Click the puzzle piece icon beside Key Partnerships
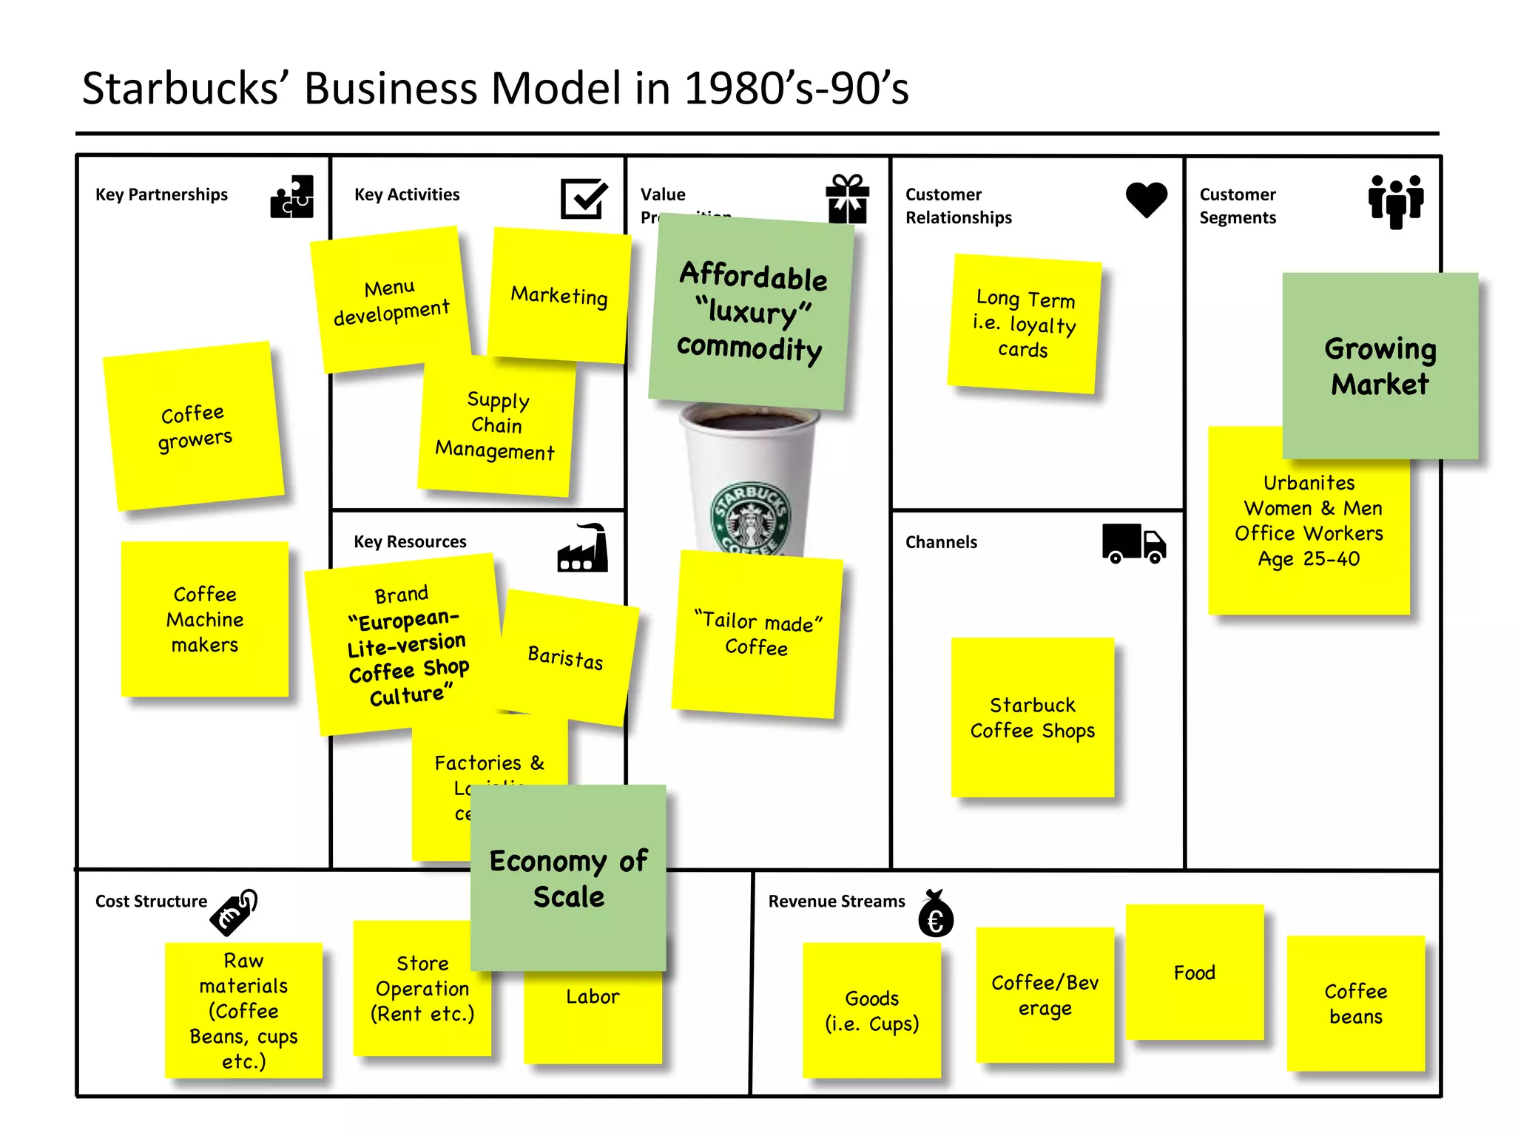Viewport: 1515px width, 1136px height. pos(292,197)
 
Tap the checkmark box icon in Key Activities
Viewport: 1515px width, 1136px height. pos(584,198)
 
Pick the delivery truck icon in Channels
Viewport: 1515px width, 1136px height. pos(1133,544)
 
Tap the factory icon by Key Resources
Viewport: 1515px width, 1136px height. pos(583,549)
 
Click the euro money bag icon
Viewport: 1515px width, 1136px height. pos(936,914)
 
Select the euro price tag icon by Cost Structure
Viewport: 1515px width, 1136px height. pos(234,912)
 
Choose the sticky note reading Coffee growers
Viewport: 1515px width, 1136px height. pos(194,427)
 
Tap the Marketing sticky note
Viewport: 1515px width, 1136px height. pos(559,296)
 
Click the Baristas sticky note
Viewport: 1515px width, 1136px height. pos(566,657)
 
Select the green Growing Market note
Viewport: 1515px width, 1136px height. pos(1380,366)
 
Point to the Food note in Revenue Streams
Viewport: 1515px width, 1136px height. pos(1194,973)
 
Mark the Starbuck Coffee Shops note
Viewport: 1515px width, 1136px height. pos(1032,717)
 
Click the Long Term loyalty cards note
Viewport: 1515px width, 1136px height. pos(1024,324)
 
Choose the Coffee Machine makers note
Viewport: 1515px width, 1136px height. pos(205,619)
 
